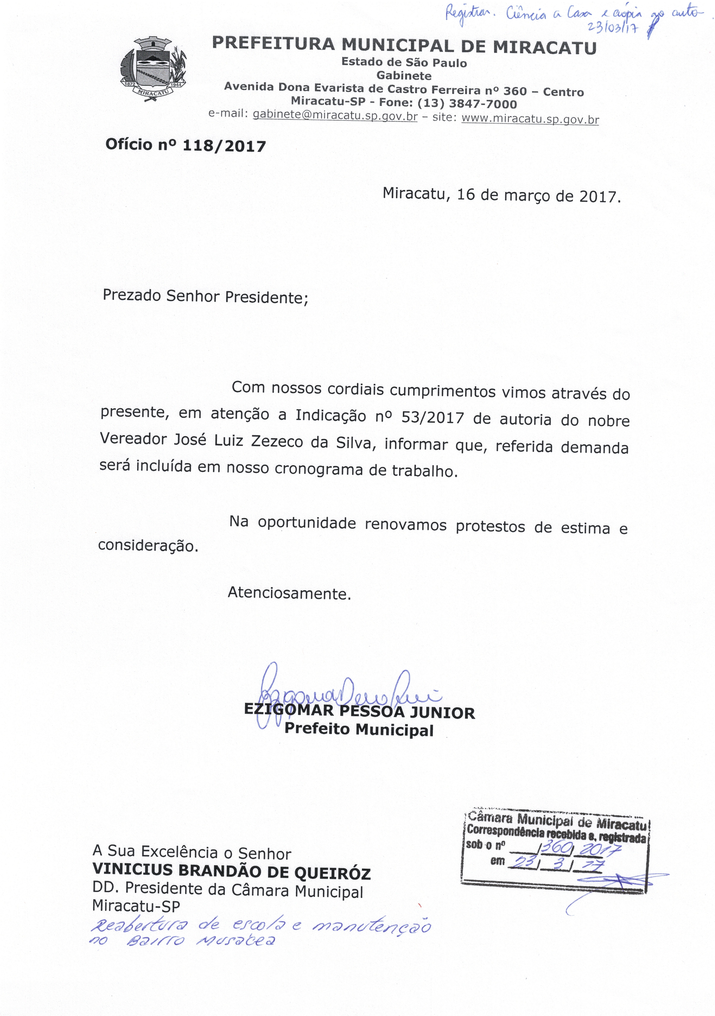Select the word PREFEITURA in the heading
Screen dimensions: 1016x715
click(273, 43)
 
